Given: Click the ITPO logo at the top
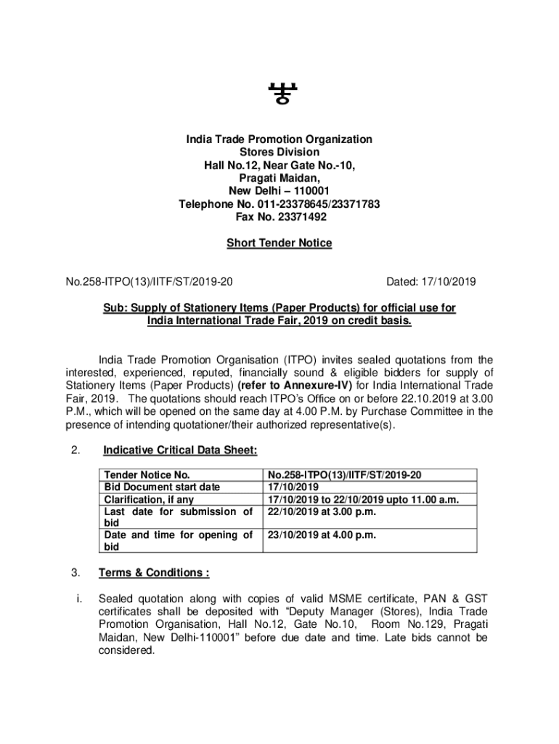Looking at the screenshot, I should pos(279,93).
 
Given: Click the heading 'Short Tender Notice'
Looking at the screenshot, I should pos(279,243).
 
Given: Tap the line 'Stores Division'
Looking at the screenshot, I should pos(279,152).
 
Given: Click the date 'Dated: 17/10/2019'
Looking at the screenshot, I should pos(431,280).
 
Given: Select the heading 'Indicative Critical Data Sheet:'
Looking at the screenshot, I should pos(180,450).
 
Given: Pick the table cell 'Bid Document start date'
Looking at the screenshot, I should pos(162,487).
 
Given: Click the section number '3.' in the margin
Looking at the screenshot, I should pos(76,573).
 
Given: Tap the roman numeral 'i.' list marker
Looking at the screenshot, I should pos(78,599).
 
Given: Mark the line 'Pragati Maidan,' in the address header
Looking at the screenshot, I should pos(279,178).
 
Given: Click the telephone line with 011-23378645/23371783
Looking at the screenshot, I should pos(279,204).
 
